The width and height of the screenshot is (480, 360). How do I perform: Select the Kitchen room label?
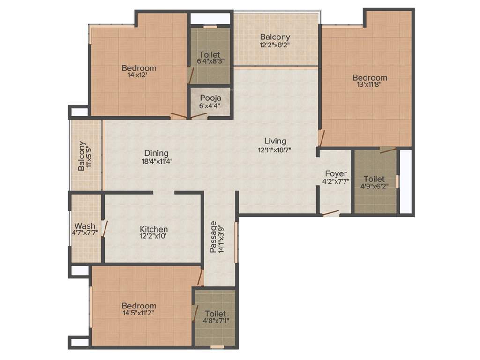[x=154, y=229]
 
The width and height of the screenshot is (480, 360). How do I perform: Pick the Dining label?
[x=156, y=153]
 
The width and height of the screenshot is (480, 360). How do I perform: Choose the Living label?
[x=275, y=141]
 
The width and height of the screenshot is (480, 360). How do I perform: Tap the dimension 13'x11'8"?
[x=370, y=85]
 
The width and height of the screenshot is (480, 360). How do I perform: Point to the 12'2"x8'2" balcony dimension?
[x=275, y=45]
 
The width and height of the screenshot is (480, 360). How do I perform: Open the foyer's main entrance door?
[x=331, y=213]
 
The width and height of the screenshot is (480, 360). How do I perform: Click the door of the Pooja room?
[x=199, y=115]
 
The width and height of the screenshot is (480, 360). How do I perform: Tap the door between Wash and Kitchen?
[x=105, y=228]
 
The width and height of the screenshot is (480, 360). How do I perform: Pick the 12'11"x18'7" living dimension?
[x=275, y=150]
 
